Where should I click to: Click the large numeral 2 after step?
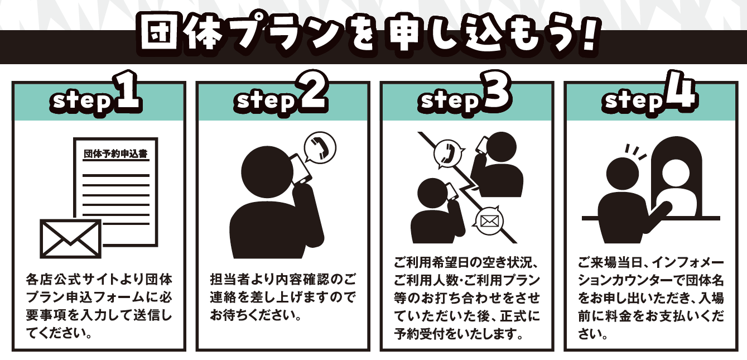pos(311,91)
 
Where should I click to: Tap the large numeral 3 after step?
pos(495,91)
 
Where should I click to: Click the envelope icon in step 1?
pos(70,238)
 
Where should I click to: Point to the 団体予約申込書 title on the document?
pos(115,154)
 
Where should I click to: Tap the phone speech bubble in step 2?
pos(320,148)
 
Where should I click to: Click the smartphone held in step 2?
pos(301,169)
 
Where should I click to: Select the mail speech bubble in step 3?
pos(489,221)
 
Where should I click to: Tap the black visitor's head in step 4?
pos(622,174)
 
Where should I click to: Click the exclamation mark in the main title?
pos(589,36)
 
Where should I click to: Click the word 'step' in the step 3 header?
pos(449,100)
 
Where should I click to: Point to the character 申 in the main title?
pos(406,36)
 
